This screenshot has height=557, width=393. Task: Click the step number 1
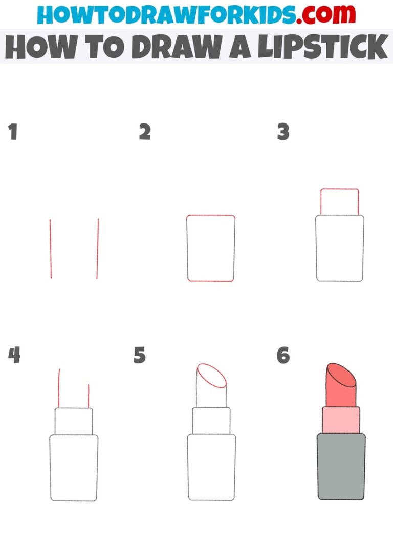pos(13,132)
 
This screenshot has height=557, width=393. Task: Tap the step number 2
pos(145,132)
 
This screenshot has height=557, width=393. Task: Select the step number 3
pos(283,132)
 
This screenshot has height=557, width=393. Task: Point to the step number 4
pos(14,355)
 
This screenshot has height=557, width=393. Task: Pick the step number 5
pos(140,355)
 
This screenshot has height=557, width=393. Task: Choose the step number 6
pos(283,355)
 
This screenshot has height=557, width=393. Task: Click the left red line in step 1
pos(50,249)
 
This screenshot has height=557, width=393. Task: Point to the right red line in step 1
pos(97,249)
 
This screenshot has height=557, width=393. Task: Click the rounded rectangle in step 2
pos(211,249)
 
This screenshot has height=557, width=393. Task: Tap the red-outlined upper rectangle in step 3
pos(339,201)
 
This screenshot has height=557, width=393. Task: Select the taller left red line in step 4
pos(59,388)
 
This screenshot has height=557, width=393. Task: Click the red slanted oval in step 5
pos(212,377)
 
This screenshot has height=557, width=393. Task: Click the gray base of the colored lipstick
pos(341,466)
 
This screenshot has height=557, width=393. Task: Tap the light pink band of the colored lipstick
pos(341,420)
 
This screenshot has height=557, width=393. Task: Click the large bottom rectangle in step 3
pos(340,249)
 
